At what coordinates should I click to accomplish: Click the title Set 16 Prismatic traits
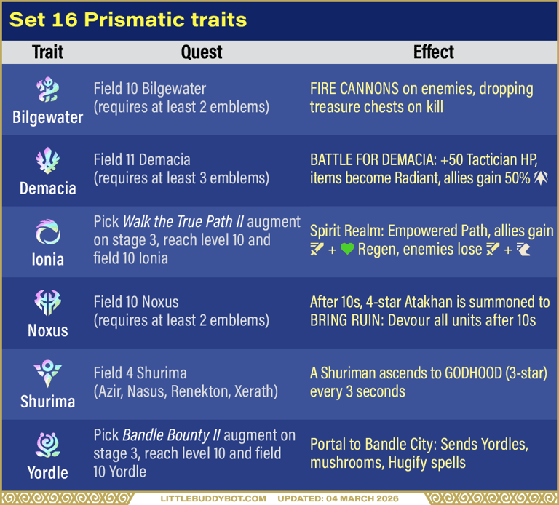coord(128,20)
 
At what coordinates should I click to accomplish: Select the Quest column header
coord(202,52)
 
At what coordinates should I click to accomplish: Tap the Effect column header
coord(433,52)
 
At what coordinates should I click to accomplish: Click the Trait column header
coord(48,52)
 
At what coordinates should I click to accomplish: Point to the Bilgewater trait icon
coord(48,91)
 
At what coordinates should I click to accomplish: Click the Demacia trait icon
coord(48,162)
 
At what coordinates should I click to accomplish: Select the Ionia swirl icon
coord(48,233)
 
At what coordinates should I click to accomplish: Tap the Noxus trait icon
coord(48,303)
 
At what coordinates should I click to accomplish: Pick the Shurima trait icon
coord(48,374)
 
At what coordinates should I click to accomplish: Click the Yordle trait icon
coord(48,445)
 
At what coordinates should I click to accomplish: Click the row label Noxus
coord(48,330)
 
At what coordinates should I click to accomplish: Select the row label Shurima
coord(48,402)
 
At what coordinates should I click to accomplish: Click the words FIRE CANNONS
coord(354,90)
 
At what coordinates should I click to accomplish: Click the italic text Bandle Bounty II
coord(171,436)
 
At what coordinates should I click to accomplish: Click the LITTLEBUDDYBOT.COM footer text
coord(214,499)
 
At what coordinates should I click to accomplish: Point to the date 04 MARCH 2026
coord(358,499)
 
